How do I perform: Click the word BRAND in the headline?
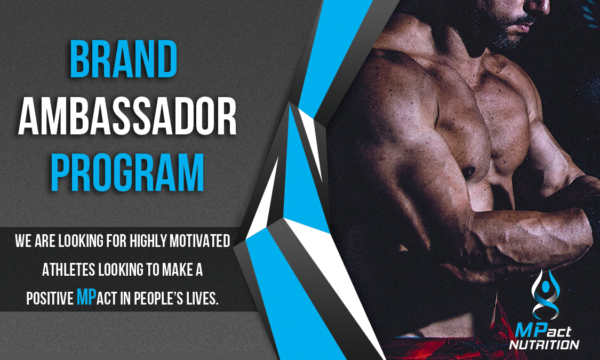[123, 59]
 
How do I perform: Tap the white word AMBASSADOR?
[127, 116]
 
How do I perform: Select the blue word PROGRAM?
[127, 172]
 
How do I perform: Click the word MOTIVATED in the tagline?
[200, 241]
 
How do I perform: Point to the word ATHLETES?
[68, 270]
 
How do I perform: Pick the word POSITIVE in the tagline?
[50, 299]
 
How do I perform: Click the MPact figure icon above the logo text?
[545, 294]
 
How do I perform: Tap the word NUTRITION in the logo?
[544, 345]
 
